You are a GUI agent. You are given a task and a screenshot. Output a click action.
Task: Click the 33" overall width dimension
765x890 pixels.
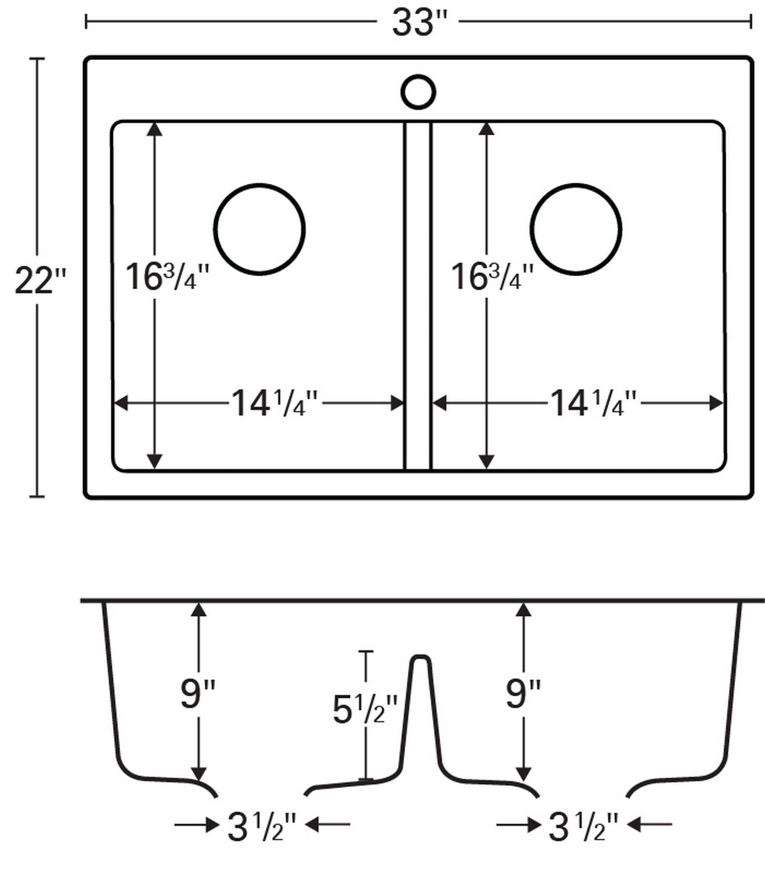[418, 23]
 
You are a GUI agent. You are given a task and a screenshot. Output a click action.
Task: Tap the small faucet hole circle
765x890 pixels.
[418, 92]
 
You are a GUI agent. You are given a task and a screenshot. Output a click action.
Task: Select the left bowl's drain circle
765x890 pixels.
[260, 229]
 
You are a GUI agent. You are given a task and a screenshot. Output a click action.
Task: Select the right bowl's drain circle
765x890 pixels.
[576, 229]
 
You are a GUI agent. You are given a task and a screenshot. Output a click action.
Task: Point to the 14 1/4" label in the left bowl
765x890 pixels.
[275, 404]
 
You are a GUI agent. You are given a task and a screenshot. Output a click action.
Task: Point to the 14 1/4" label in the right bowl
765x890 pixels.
[594, 404]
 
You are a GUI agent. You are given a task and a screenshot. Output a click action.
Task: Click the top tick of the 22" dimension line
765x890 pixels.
[37, 58]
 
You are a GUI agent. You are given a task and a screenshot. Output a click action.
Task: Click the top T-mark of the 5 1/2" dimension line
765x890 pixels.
[366, 651]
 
